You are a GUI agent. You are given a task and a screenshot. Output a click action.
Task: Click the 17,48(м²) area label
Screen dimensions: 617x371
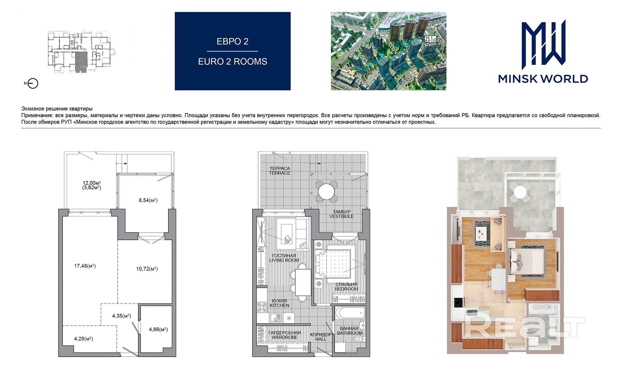85,266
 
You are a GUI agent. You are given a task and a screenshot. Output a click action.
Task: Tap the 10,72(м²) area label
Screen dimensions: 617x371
147,269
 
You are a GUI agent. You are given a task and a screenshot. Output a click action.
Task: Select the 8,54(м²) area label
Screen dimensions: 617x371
148,200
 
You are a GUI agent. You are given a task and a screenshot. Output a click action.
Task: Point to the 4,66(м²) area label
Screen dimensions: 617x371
158,330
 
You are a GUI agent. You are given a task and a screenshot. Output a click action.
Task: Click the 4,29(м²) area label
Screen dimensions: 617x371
84,339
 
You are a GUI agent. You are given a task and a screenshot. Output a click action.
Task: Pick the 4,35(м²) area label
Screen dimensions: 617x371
122,316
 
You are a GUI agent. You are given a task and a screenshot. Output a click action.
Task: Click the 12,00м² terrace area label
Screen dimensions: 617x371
92,183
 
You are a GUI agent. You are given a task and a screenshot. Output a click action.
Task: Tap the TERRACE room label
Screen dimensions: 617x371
279,173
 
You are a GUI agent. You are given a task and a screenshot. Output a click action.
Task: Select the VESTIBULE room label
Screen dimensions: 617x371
342,216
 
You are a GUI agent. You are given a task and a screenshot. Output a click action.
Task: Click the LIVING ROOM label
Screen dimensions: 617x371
284,260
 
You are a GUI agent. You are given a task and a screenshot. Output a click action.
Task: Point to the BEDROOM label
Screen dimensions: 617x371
346,289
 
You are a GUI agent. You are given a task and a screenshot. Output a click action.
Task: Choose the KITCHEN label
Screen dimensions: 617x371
279,306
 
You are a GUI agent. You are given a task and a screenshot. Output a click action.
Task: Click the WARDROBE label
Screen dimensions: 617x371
284,337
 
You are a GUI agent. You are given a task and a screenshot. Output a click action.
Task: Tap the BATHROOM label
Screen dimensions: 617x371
350,333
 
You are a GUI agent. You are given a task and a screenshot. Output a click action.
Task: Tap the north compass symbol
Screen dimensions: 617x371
33,84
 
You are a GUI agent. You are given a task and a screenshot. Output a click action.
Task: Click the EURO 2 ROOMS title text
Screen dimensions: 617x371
233,61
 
